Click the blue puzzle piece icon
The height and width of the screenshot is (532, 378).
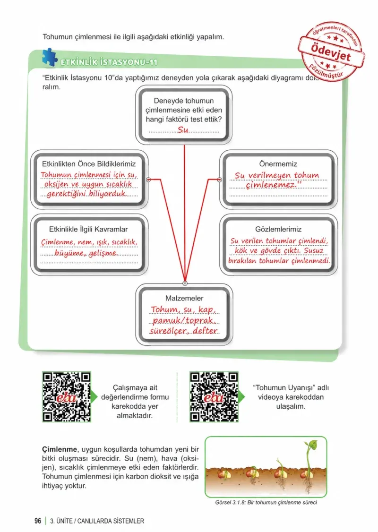click(x=50, y=57)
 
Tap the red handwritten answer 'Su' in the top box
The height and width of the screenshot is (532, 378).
click(x=183, y=129)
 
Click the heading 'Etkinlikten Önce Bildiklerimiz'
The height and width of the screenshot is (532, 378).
click(x=89, y=164)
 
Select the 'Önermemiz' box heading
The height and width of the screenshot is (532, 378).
click(x=278, y=164)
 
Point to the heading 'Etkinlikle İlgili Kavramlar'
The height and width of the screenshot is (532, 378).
click(x=88, y=229)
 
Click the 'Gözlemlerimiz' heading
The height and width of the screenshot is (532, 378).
click(x=278, y=229)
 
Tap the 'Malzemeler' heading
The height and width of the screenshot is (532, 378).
click(x=184, y=298)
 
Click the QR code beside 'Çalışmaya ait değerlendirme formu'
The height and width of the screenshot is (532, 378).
click(x=67, y=396)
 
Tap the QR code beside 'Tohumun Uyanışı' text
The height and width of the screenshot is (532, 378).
click(x=214, y=396)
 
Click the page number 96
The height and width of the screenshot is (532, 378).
click(x=38, y=521)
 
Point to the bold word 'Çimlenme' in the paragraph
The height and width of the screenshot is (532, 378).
click(x=60, y=449)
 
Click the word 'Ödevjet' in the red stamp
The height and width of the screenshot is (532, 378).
click(x=330, y=52)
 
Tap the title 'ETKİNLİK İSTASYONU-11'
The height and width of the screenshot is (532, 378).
click(x=109, y=62)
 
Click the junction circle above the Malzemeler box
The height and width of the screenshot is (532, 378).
click(x=185, y=283)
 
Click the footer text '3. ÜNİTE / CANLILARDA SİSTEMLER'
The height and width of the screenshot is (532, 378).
click(x=97, y=521)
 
